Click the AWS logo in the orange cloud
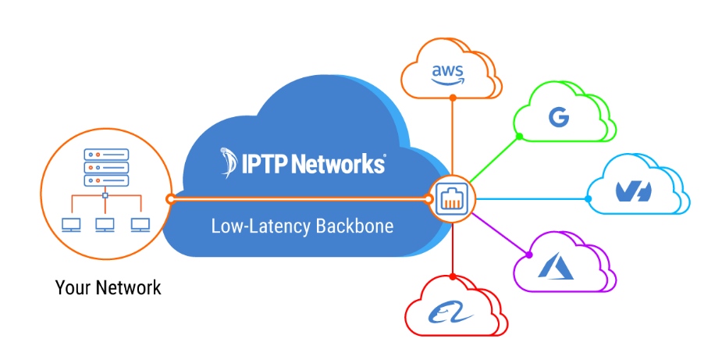(x=447, y=73)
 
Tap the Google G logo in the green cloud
(x=558, y=118)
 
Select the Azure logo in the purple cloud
(x=555, y=267)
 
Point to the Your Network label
(x=108, y=287)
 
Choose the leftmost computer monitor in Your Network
(x=71, y=225)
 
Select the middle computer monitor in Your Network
(x=105, y=225)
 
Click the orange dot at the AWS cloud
(x=453, y=98)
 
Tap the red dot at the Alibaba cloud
(x=453, y=276)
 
